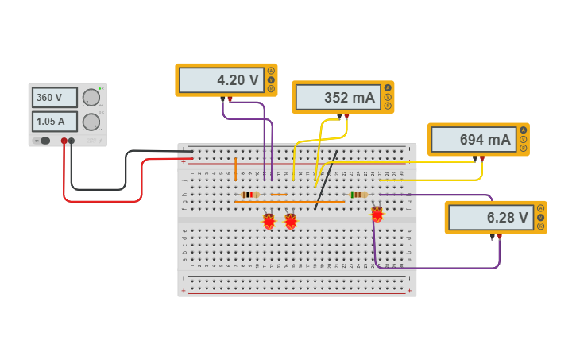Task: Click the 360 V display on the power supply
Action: pos(54,98)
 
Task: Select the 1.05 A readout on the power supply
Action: pos(54,122)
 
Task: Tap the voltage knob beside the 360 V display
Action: pos(91,98)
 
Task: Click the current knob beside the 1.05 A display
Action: pos(91,122)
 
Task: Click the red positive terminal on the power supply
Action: pos(64,141)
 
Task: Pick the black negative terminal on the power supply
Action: pos(72,141)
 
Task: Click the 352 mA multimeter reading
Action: pos(338,98)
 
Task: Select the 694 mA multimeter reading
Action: pos(473,140)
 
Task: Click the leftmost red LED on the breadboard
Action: pos(269,220)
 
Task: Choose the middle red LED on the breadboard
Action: pos(290,220)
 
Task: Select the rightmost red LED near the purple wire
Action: pos(377,213)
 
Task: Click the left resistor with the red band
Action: pos(249,194)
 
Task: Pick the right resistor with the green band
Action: pos(358,194)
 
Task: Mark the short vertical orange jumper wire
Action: pos(235,168)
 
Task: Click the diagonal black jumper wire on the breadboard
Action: pos(326,180)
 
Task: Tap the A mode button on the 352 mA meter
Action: pos(388,88)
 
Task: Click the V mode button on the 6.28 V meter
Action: pos(540,217)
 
